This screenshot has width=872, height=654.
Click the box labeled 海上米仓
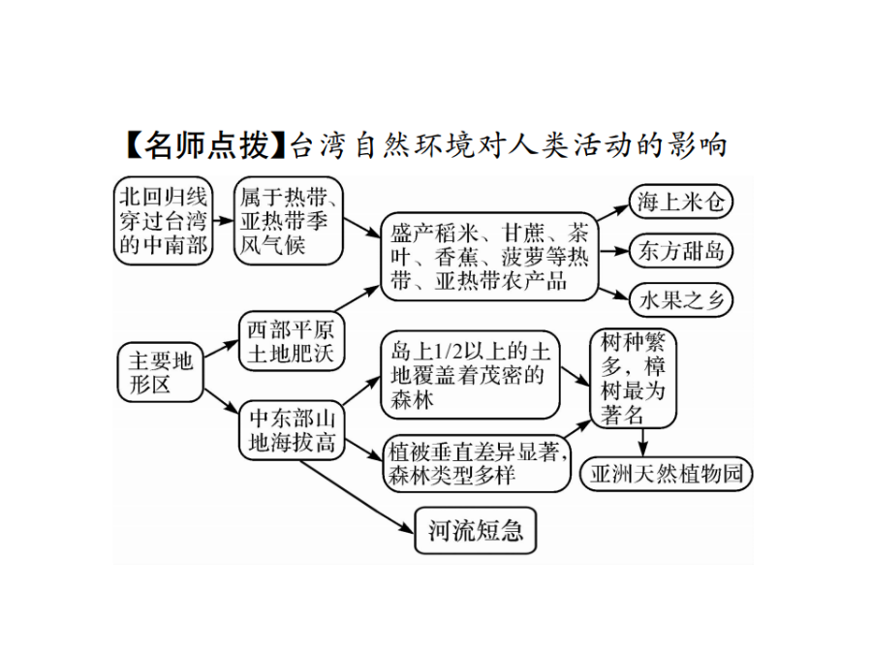click(x=681, y=202)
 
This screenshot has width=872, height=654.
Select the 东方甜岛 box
click(x=681, y=251)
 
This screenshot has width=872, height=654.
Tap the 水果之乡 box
click(x=681, y=300)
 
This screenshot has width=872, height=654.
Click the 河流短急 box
click(x=476, y=531)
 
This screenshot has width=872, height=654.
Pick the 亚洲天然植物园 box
click(x=667, y=475)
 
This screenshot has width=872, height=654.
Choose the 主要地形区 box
click(x=160, y=373)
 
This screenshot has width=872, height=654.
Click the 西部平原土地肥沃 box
click(x=292, y=341)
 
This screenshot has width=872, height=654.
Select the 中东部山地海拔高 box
click(x=292, y=430)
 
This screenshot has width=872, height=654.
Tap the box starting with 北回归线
click(x=164, y=221)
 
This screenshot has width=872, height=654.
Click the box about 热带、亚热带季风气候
click(x=289, y=221)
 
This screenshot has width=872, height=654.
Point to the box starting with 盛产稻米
click(x=489, y=257)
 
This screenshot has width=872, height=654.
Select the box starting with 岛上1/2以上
click(x=471, y=375)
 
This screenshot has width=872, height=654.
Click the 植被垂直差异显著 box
click(x=477, y=463)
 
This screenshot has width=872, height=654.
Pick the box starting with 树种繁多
click(x=633, y=378)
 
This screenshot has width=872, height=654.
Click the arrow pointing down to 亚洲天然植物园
click(x=643, y=443)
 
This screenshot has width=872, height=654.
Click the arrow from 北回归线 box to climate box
click(x=224, y=221)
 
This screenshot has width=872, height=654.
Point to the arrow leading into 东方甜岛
click(x=614, y=251)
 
